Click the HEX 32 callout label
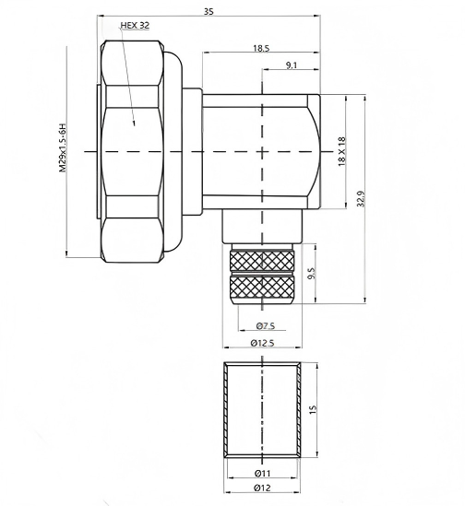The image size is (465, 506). pyautogui.click(x=135, y=26)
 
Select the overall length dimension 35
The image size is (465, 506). pyautogui.click(x=209, y=11)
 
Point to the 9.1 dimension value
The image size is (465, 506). pyautogui.click(x=292, y=65)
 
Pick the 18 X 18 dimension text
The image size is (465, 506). pyautogui.click(x=342, y=150)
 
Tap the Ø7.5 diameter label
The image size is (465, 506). pyautogui.click(x=265, y=326)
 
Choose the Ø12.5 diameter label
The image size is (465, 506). pyautogui.click(x=265, y=344)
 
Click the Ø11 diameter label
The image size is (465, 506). pyautogui.click(x=262, y=474)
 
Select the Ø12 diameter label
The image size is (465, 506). pyautogui.click(x=262, y=488)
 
